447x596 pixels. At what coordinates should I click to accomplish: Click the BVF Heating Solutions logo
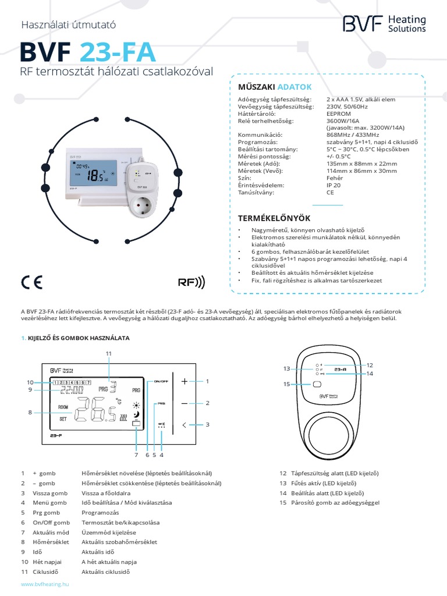(384, 24)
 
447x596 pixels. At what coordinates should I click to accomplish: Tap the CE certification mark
(31, 282)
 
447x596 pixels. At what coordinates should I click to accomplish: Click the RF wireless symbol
(191, 283)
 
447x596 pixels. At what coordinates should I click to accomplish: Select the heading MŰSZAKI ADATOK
(275, 87)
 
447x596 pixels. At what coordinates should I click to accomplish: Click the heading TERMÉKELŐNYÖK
(274, 218)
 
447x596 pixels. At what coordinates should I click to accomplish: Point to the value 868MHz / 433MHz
(352, 134)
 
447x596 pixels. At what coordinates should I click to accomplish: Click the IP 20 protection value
(334, 185)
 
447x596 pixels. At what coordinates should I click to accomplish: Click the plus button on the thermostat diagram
(185, 381)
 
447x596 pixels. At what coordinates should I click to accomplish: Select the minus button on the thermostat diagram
(185, 403)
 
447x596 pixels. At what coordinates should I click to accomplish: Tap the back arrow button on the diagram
(185, 425)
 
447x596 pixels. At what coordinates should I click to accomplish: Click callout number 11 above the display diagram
(108, 353)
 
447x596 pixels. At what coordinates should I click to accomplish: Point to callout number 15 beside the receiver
(286, 384)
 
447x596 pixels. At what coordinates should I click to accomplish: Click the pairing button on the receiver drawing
(317, 384)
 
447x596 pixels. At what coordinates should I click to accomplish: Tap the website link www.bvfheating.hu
(44, 583)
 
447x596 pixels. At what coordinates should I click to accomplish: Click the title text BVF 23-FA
(87, 53)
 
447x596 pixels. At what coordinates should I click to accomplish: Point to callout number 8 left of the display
(30, 413)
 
